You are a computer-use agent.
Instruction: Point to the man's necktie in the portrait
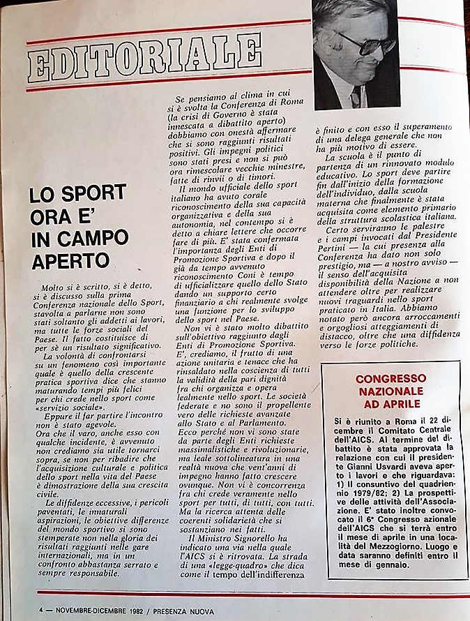point(356,97)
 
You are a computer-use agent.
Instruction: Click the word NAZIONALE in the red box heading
point(391,391)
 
